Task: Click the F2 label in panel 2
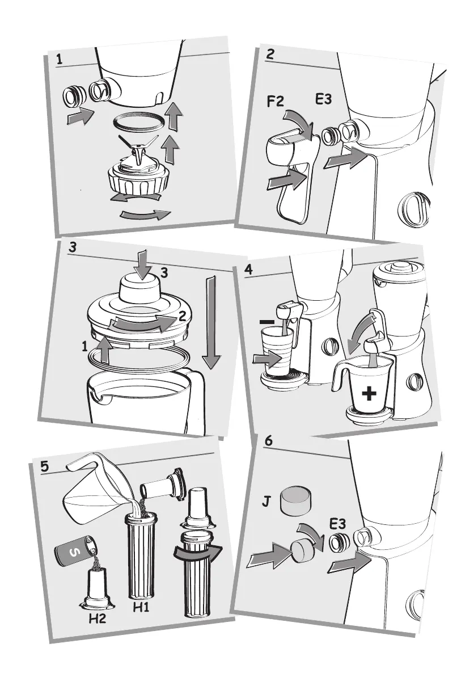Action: (276, 102)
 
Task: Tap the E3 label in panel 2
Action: (323, 99)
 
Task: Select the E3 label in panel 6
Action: (337, 524)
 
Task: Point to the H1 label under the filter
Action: (141, 607)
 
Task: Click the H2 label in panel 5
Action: (97, 619)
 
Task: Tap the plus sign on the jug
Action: (369, 393)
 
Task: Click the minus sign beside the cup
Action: (268, 321)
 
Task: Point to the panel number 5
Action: (45, 466)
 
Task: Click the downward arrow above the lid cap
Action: (143, 266)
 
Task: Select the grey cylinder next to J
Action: (295, 500)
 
